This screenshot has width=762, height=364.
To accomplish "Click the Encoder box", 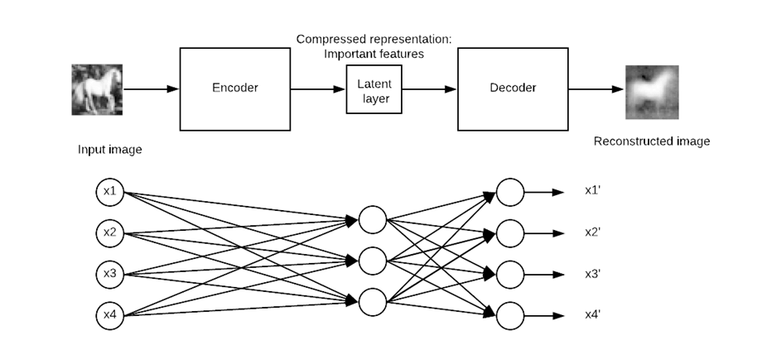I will pos(234,89).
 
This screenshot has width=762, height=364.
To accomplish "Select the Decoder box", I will pos(512,89).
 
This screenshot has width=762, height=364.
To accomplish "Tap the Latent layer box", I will pos(374,89).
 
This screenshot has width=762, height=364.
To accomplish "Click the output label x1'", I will pos(593,190).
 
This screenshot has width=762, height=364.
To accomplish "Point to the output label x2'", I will pos(593,232).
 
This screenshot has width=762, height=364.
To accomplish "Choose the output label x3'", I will pos(593,273).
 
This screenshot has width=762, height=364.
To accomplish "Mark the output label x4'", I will pos(593,314).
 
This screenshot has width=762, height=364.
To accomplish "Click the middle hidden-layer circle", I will pos(373,261).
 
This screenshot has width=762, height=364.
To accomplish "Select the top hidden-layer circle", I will pos(373,220).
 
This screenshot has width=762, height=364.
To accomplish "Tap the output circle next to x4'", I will pos(509,314).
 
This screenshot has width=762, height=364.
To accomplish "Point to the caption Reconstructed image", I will pos(652,141).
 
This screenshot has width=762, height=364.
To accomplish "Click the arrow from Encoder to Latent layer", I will pos(317,89).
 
